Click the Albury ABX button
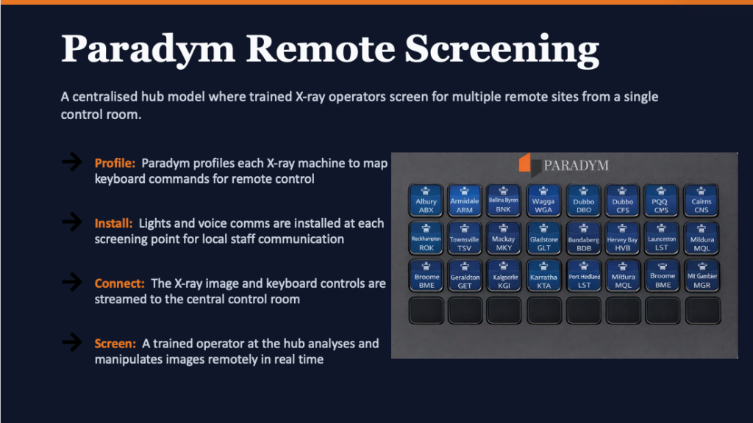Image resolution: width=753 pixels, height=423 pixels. (x=426, y=200)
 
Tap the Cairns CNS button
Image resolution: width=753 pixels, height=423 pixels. (x=702, y=200)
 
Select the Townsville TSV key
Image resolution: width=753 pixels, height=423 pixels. (x=465, y=239)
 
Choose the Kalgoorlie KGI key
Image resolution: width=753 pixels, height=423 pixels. (x=504, y=277)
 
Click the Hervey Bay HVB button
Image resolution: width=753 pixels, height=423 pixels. (x=622, y=239)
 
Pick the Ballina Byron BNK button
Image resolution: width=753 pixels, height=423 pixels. (x=504, y=200)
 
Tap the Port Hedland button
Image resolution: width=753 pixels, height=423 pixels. (x=584, y=277)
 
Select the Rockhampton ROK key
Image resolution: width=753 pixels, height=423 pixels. (x=426, y=239)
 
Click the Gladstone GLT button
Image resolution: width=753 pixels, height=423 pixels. (x=544, y=239)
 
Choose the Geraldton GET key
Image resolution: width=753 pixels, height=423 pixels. (x=465, y=277)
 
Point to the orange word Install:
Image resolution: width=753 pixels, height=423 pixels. (x=113, y=223)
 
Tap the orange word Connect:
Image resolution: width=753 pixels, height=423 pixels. (x=120, y=283)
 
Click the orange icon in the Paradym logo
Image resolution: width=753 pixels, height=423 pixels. (x=525, y=163)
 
